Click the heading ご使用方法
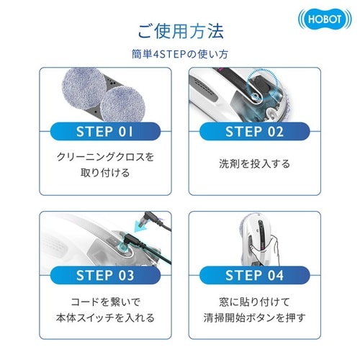click(x=180, y=31)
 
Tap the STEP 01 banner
click(x=105, y=132)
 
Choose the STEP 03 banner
click(x=105, y=274)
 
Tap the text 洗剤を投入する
click(x=256, y=164)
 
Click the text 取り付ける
click(x=105, y=173)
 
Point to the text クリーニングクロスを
click(x=105, y=156)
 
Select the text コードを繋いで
click(x=105, y=300)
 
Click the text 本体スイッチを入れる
click(x=105, y=318)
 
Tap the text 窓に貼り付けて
click(x=256, y=300)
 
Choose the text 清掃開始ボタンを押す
click(x=256, y=318)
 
